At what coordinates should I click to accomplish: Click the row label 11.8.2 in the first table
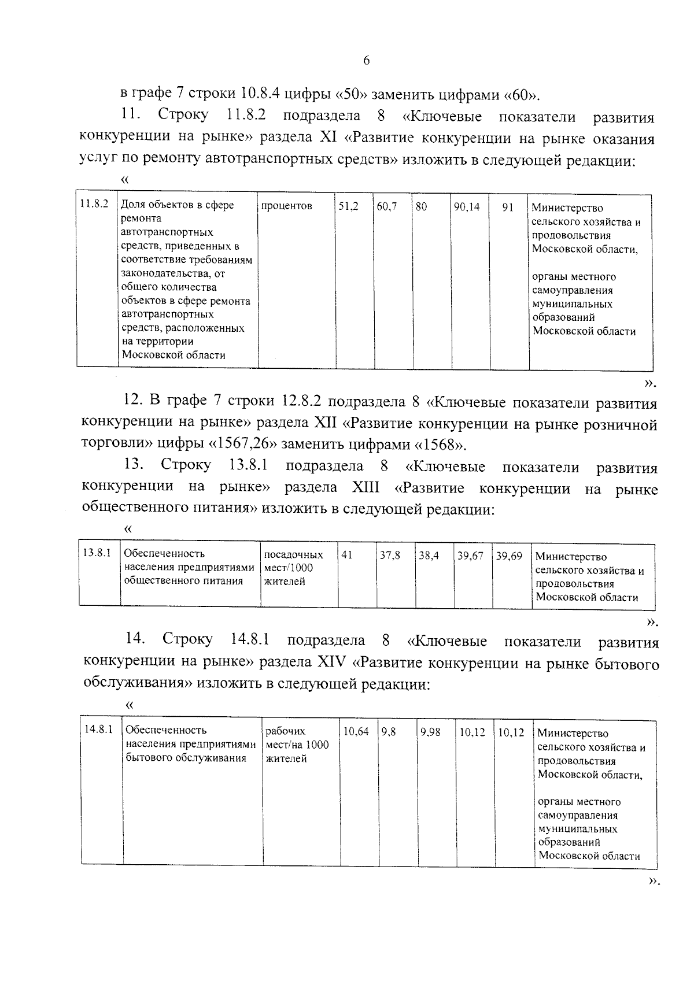pos(94,204)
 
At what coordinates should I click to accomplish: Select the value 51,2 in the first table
pos(348,206)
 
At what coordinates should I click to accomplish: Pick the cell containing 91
pos(508,207)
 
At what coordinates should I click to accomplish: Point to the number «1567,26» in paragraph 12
pos(242,445)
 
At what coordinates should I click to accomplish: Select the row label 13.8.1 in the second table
pos(97,553)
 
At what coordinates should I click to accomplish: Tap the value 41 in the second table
pos(347,555)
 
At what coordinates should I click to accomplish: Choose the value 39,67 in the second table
pos(470,556)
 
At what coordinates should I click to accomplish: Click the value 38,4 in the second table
pos(429,556)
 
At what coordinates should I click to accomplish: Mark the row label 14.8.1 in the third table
pos(98,730)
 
